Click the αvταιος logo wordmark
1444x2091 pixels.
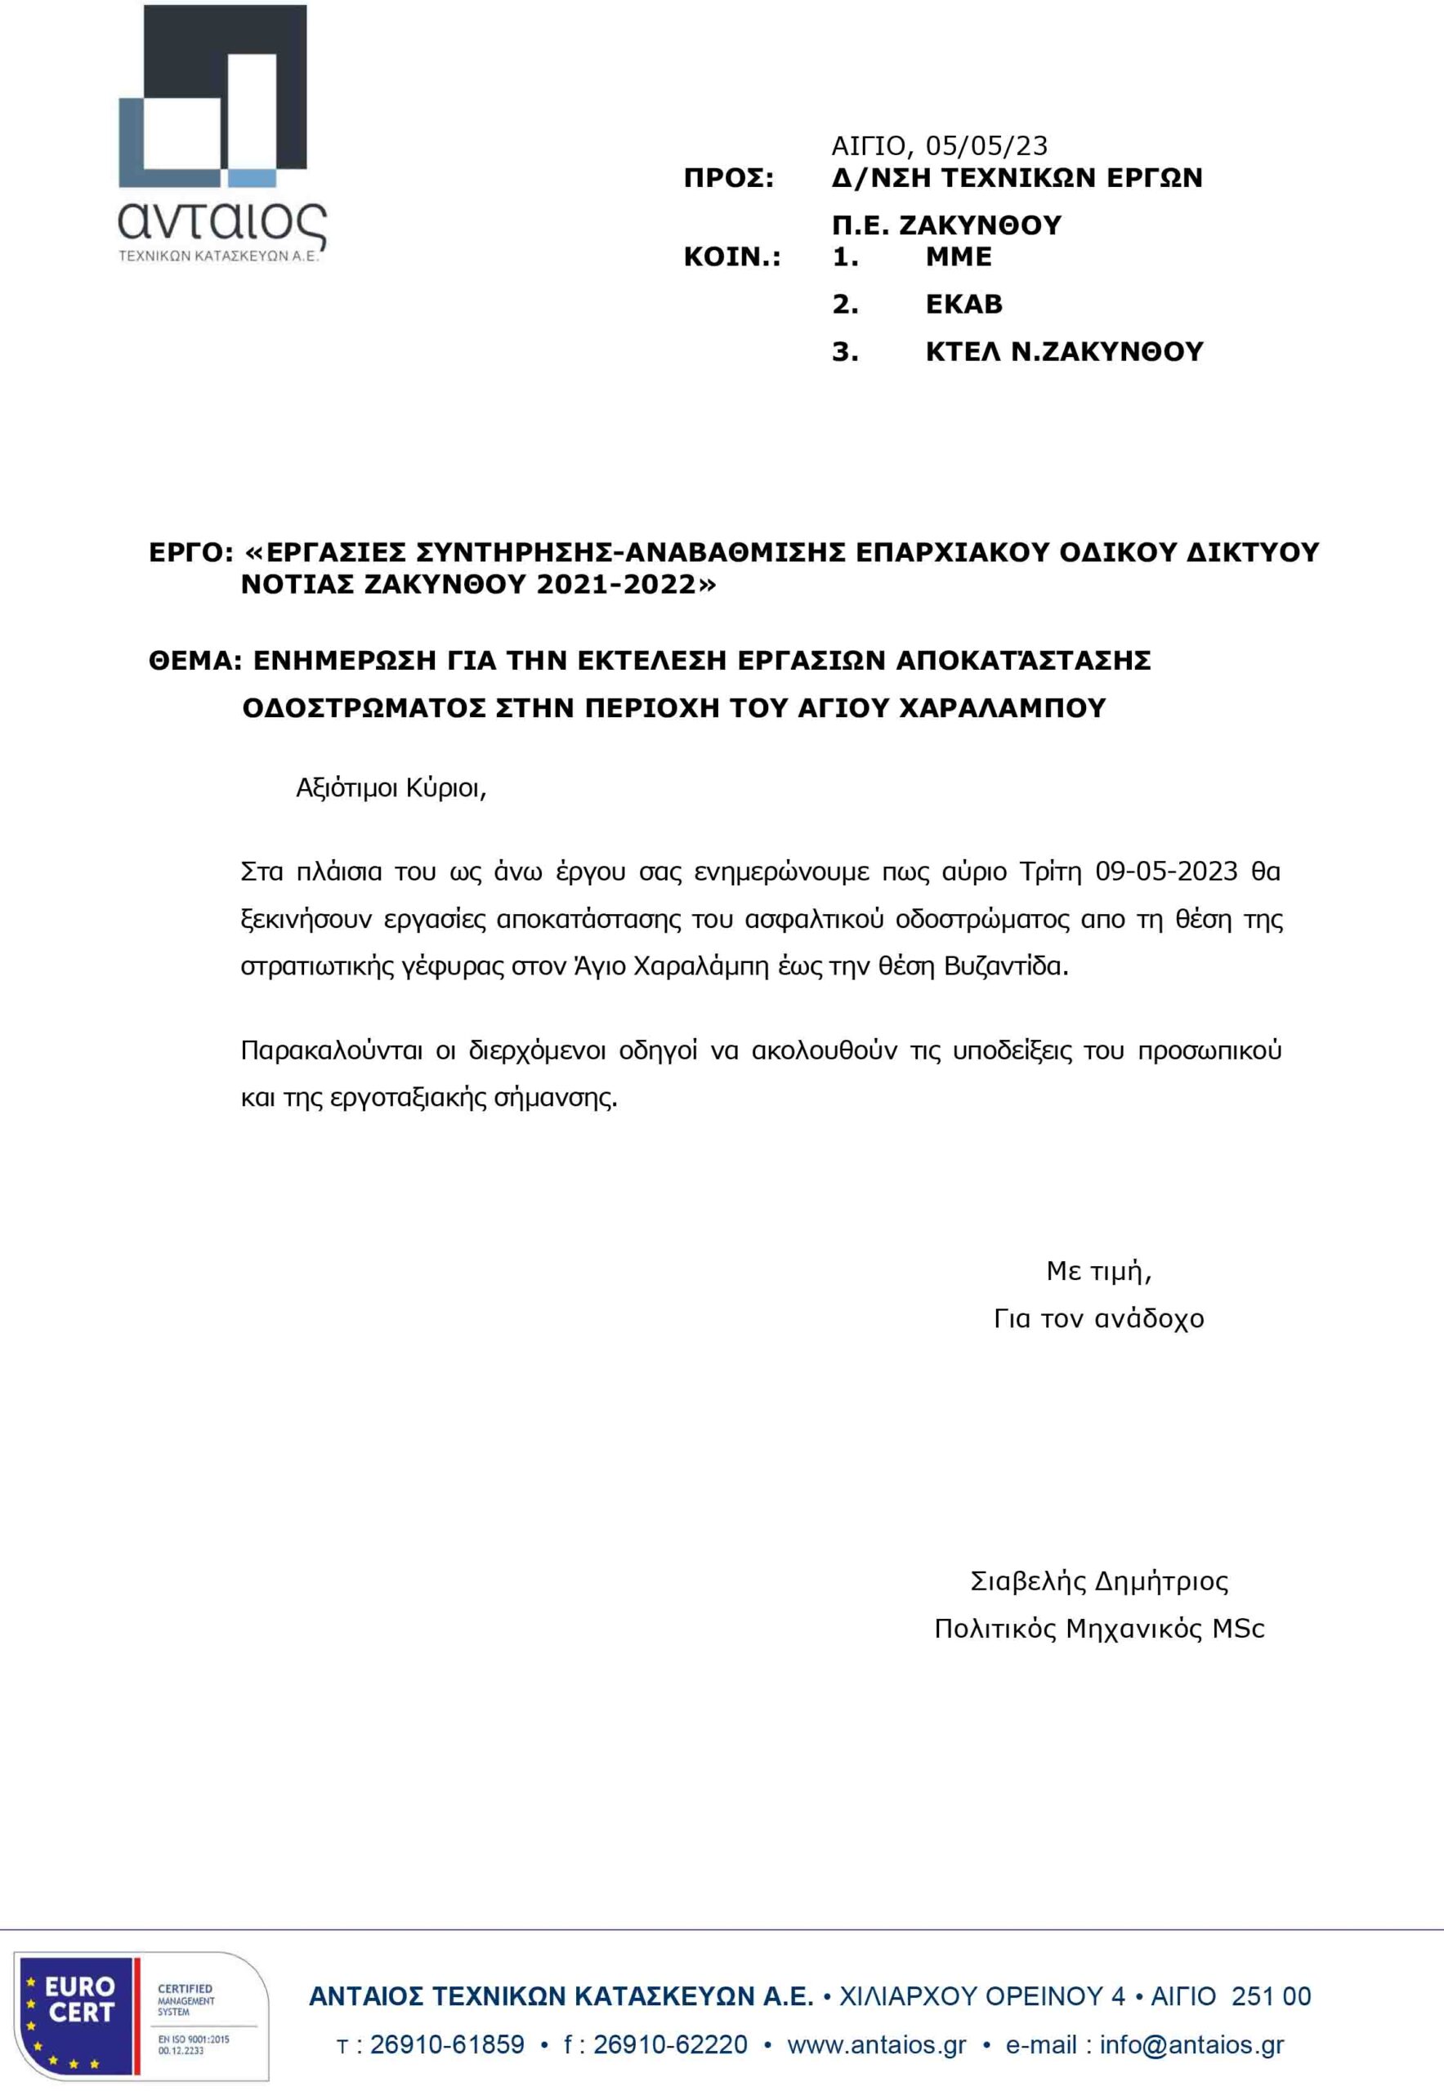221,221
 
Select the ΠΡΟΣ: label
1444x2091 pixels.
728,178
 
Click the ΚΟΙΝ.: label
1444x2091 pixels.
732,256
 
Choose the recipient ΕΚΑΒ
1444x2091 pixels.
963,304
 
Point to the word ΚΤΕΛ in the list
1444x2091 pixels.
963,351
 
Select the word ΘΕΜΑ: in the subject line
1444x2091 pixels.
195,660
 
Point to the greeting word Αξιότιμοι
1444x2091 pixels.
346,789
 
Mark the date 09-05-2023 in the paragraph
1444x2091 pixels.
1165,871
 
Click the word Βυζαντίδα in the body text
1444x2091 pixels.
1005,966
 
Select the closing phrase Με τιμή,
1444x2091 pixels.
1098,1271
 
